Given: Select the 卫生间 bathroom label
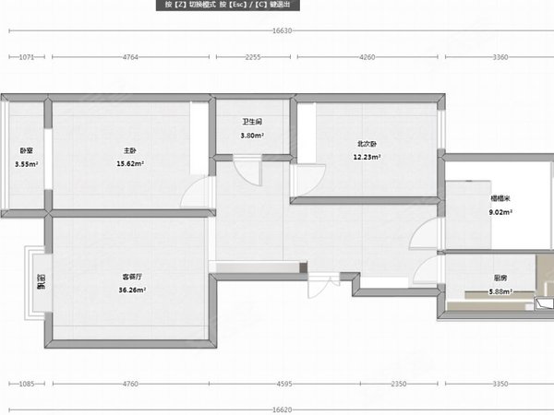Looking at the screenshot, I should click(252, 122).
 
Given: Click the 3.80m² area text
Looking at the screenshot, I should click(252, 135).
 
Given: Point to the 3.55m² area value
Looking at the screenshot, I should click(26, 164).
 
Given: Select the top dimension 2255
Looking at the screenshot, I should click(252, 57).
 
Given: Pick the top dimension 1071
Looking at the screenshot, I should click(27, 57).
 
